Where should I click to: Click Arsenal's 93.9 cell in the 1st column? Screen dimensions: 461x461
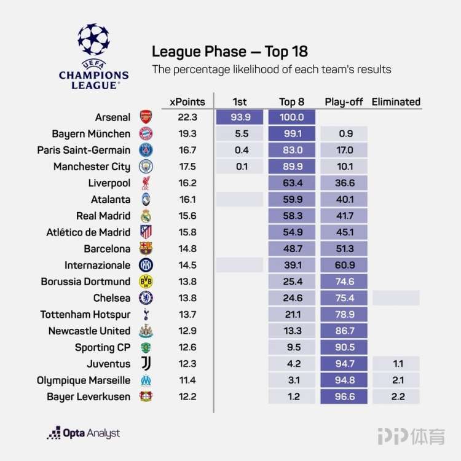(239, 117)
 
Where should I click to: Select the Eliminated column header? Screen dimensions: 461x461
(396, 102)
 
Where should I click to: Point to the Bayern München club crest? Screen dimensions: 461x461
(146, 134)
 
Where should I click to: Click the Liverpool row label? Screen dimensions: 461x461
(109, 183)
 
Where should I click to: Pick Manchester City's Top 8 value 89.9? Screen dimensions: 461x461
(292, 167)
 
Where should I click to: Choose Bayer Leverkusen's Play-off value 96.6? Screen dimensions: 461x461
(344, 397)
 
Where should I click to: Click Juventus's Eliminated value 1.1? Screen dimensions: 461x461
(396, 364)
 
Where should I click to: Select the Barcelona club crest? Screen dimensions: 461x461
(146, 249)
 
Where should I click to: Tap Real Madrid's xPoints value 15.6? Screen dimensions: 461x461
(187, 216)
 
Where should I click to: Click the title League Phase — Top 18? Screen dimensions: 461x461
(230, 51)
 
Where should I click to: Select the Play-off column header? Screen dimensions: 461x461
(344, 102)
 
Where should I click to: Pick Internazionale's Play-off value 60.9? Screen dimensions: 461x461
(344, 266)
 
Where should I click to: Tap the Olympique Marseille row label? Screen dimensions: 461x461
(84, 380)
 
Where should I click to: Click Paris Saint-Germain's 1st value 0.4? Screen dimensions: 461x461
(239, 150)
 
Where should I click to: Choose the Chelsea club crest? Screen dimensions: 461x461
(146, 298)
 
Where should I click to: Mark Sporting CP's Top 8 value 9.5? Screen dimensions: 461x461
(292, 347)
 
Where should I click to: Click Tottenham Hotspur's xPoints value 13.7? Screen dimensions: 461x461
(187, 315)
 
